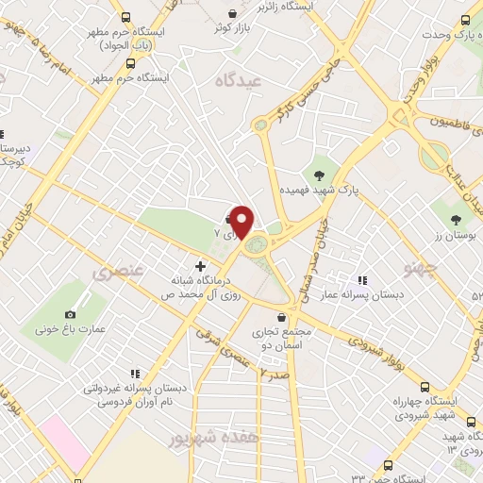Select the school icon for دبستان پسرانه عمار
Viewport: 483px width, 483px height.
[361, 281]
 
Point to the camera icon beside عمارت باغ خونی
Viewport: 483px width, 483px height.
[70, 314]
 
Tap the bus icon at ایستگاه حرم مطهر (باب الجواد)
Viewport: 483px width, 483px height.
[126, 17]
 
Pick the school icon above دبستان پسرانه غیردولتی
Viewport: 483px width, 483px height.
[135, 374]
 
